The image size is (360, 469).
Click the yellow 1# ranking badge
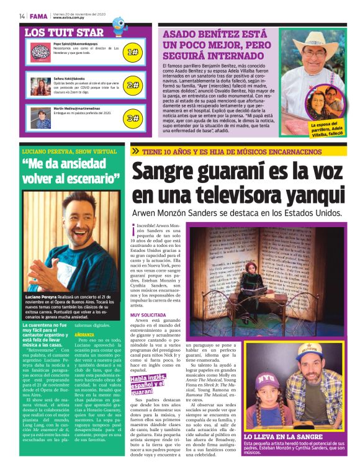[x=132, y=53]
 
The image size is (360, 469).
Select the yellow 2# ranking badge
[x=132, y=85]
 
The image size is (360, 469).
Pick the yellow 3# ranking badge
[x=132, y=117]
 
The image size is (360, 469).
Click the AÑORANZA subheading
[x=84, y=335]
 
